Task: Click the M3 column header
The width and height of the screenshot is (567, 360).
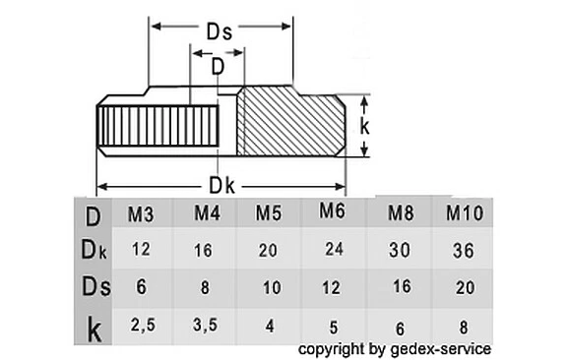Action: (x=140, y=212)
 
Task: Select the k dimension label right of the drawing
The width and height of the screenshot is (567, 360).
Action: (x=364, y=126)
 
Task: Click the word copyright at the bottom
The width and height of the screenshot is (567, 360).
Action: (x=333, y=348)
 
